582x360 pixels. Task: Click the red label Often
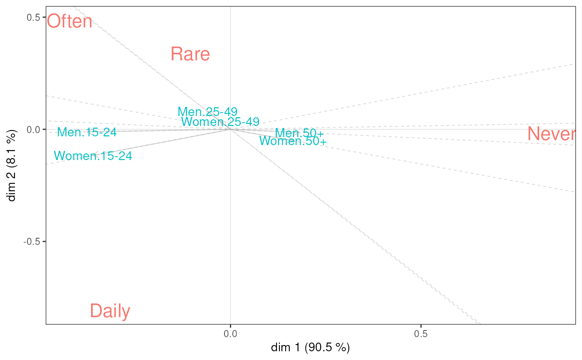(69, 22)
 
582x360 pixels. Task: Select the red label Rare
(190, 54)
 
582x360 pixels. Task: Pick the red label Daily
(110, 311)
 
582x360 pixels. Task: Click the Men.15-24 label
(87, 133)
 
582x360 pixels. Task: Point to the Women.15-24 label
(93, 156)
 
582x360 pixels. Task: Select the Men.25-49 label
(207, 112)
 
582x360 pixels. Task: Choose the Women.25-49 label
(220, 122)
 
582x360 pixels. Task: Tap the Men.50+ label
(299, 133)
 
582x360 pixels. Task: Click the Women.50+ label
(293, 141)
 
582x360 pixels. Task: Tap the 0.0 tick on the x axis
(230, 334)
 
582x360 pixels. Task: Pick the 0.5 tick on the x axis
(421, 334)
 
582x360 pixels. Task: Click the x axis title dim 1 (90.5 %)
(311, 348)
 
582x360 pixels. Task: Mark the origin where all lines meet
(230, 129)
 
